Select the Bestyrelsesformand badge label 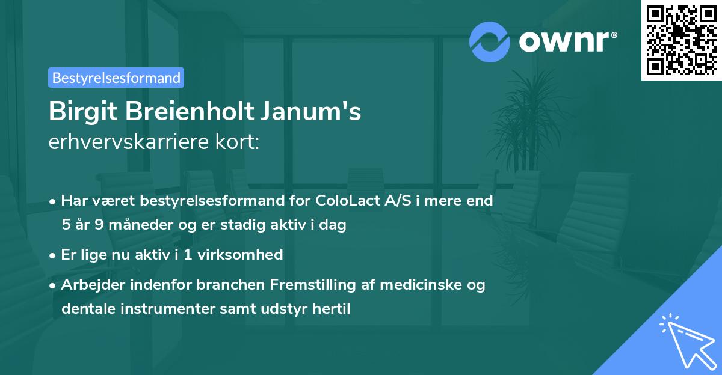tap(116, 78)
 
